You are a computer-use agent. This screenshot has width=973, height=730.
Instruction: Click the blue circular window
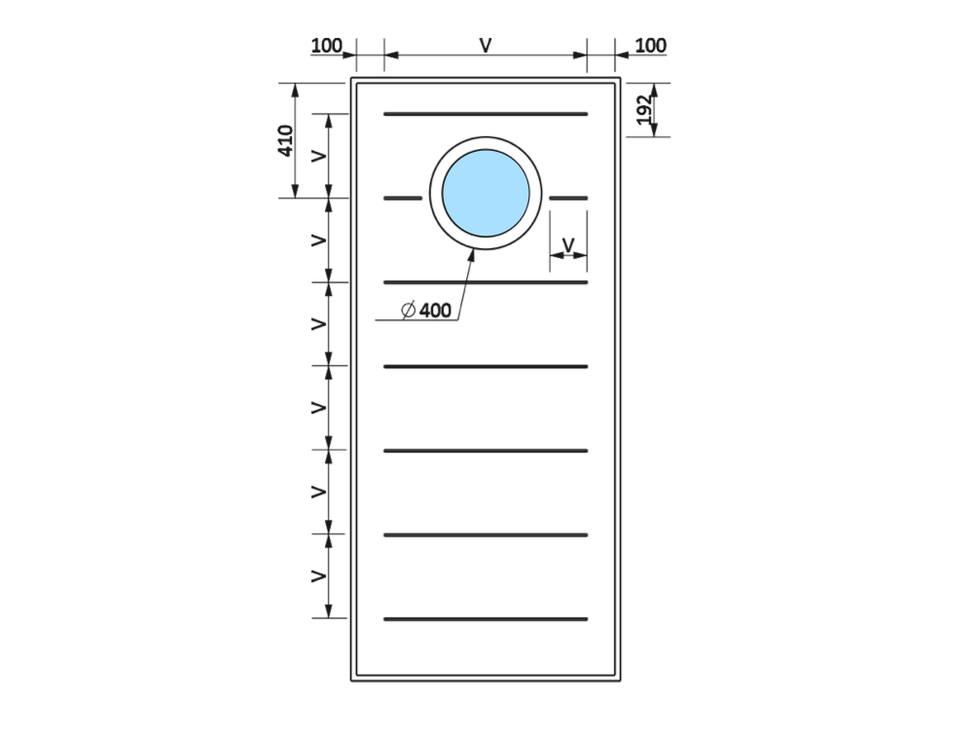486,193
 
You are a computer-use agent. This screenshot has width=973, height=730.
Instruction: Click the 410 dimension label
285,140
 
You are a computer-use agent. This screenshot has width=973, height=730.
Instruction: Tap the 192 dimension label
645,109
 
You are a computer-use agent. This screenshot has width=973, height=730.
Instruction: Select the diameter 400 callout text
426,310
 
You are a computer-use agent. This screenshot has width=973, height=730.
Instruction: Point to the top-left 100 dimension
326,46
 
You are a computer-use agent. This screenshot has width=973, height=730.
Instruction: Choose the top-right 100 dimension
651,46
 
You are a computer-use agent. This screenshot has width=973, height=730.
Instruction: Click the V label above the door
486,46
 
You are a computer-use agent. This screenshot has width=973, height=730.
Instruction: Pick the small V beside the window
568,245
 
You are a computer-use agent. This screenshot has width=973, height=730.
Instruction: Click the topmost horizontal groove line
486,114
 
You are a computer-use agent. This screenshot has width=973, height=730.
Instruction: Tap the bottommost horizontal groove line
486,619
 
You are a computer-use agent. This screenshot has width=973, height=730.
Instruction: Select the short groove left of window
403,198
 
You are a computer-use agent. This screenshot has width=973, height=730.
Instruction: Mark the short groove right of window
568,198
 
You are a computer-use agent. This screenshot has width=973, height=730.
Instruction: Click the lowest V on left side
318,576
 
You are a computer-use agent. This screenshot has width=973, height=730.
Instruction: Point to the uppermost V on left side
318,156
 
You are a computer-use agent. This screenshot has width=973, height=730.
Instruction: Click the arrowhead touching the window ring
472,254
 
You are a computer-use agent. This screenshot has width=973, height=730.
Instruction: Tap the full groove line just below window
486,282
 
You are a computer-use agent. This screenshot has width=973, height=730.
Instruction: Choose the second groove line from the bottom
486,535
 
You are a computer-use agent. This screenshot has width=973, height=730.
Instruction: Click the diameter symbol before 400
409,310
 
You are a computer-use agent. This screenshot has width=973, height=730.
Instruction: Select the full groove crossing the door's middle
486,367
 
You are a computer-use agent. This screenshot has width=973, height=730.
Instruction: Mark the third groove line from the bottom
486,451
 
